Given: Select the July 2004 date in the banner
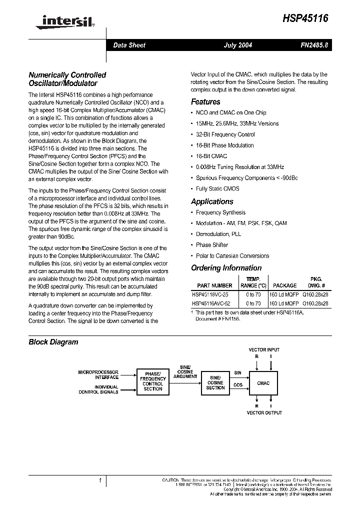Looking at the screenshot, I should pos(237,45).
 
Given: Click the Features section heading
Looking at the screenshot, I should pos(205,101).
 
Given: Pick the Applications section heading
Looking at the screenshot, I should pos(212,201).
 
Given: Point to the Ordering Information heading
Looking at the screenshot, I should pos(226,268).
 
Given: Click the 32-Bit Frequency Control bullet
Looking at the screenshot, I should pos(225,134).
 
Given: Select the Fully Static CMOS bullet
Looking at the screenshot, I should pos(217,188).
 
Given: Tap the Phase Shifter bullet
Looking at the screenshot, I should pos(211,245).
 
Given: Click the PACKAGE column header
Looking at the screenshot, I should pos(284,285).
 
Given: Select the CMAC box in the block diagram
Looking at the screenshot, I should pos(263,383).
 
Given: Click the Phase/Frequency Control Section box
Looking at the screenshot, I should pos(152,381).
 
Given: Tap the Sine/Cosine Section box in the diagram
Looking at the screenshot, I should pos(215,383).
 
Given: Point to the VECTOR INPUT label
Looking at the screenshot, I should pos(264,350).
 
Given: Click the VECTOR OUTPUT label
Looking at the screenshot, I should pos(264,412).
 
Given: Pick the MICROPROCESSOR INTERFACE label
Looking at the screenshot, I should pos(98,375).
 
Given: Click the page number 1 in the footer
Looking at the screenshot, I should pos(100,481).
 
